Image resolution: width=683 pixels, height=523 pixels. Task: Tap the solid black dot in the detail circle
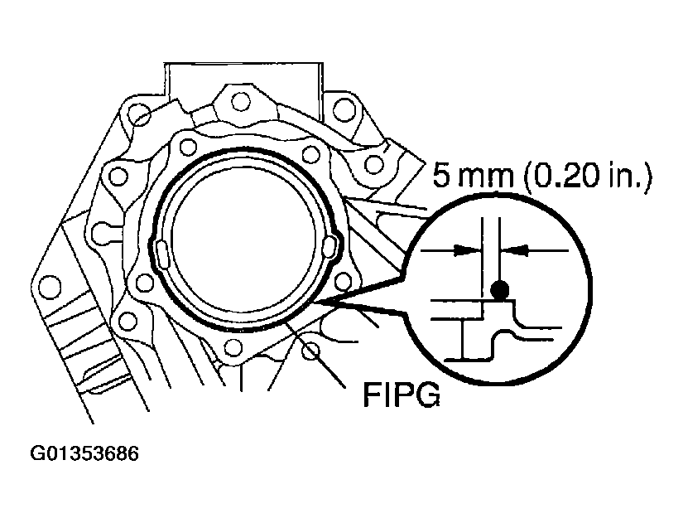click(x=499, y=290)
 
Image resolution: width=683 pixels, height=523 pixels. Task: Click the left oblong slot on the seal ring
click(x=161, y=250)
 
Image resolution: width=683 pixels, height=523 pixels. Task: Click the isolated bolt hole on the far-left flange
click(x=53, y=287)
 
